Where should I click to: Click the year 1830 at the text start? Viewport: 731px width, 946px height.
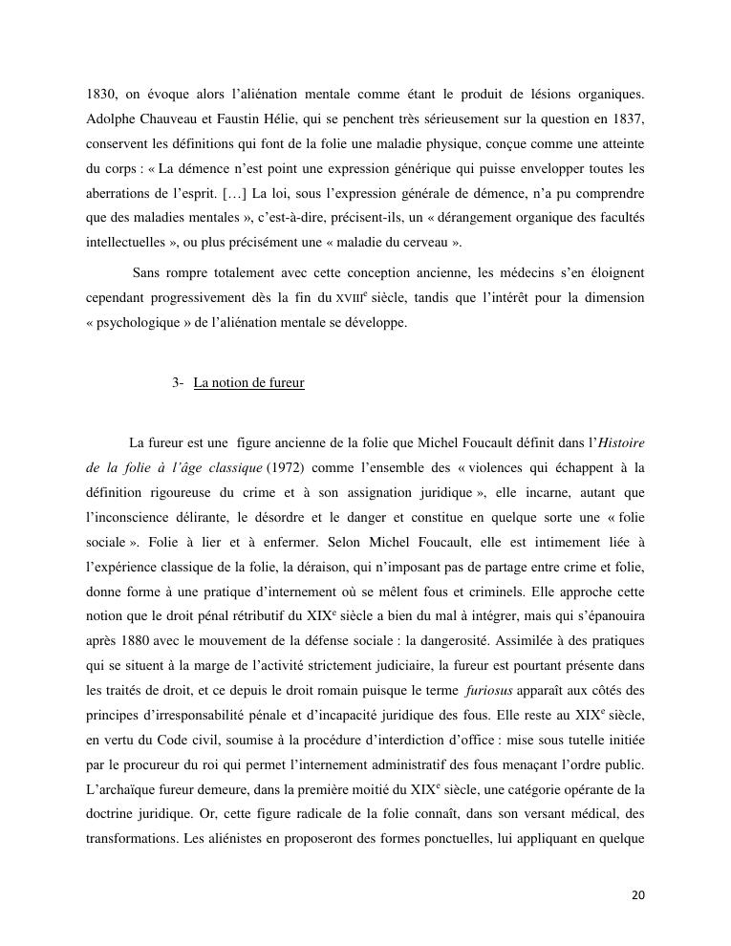tap(99, 96)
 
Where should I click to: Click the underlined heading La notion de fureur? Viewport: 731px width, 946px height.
tap(248, 383)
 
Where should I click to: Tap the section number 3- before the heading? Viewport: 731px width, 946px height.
tap(179, 383)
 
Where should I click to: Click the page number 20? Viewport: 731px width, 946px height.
tap(638, 895)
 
